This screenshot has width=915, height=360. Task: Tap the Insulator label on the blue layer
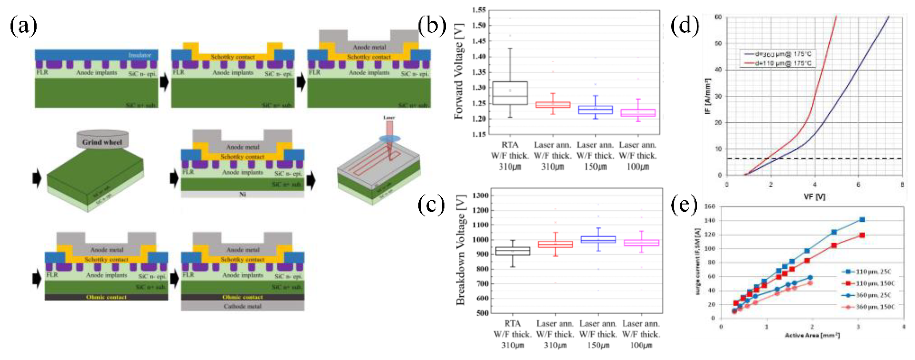pyautogui.click(x=140, y=55)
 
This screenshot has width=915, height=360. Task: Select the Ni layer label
pyautogui.click(x=243, y=194)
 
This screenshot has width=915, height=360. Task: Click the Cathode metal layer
pyautogui.click(x=243, y=306)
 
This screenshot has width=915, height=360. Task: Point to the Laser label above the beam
pyautogui.click(x=389, y=117)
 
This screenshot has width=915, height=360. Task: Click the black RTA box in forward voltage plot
pyautogui.click(x=510, y=93)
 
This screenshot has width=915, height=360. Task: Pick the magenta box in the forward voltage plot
pyautogui.click(x=638, y=113)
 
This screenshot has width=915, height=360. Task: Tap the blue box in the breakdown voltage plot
pyautogui.click(x=598, y=240)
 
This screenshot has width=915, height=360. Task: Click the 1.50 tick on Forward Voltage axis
pyautogui.click(x=479, y=25)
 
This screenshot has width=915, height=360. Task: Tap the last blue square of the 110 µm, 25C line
pyautogui.click(x=862, y=220)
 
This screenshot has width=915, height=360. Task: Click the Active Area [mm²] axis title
pyautogui.click(x=812, y=335)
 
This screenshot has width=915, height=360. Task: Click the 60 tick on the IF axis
pyautogui.click(x=718, y=17)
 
